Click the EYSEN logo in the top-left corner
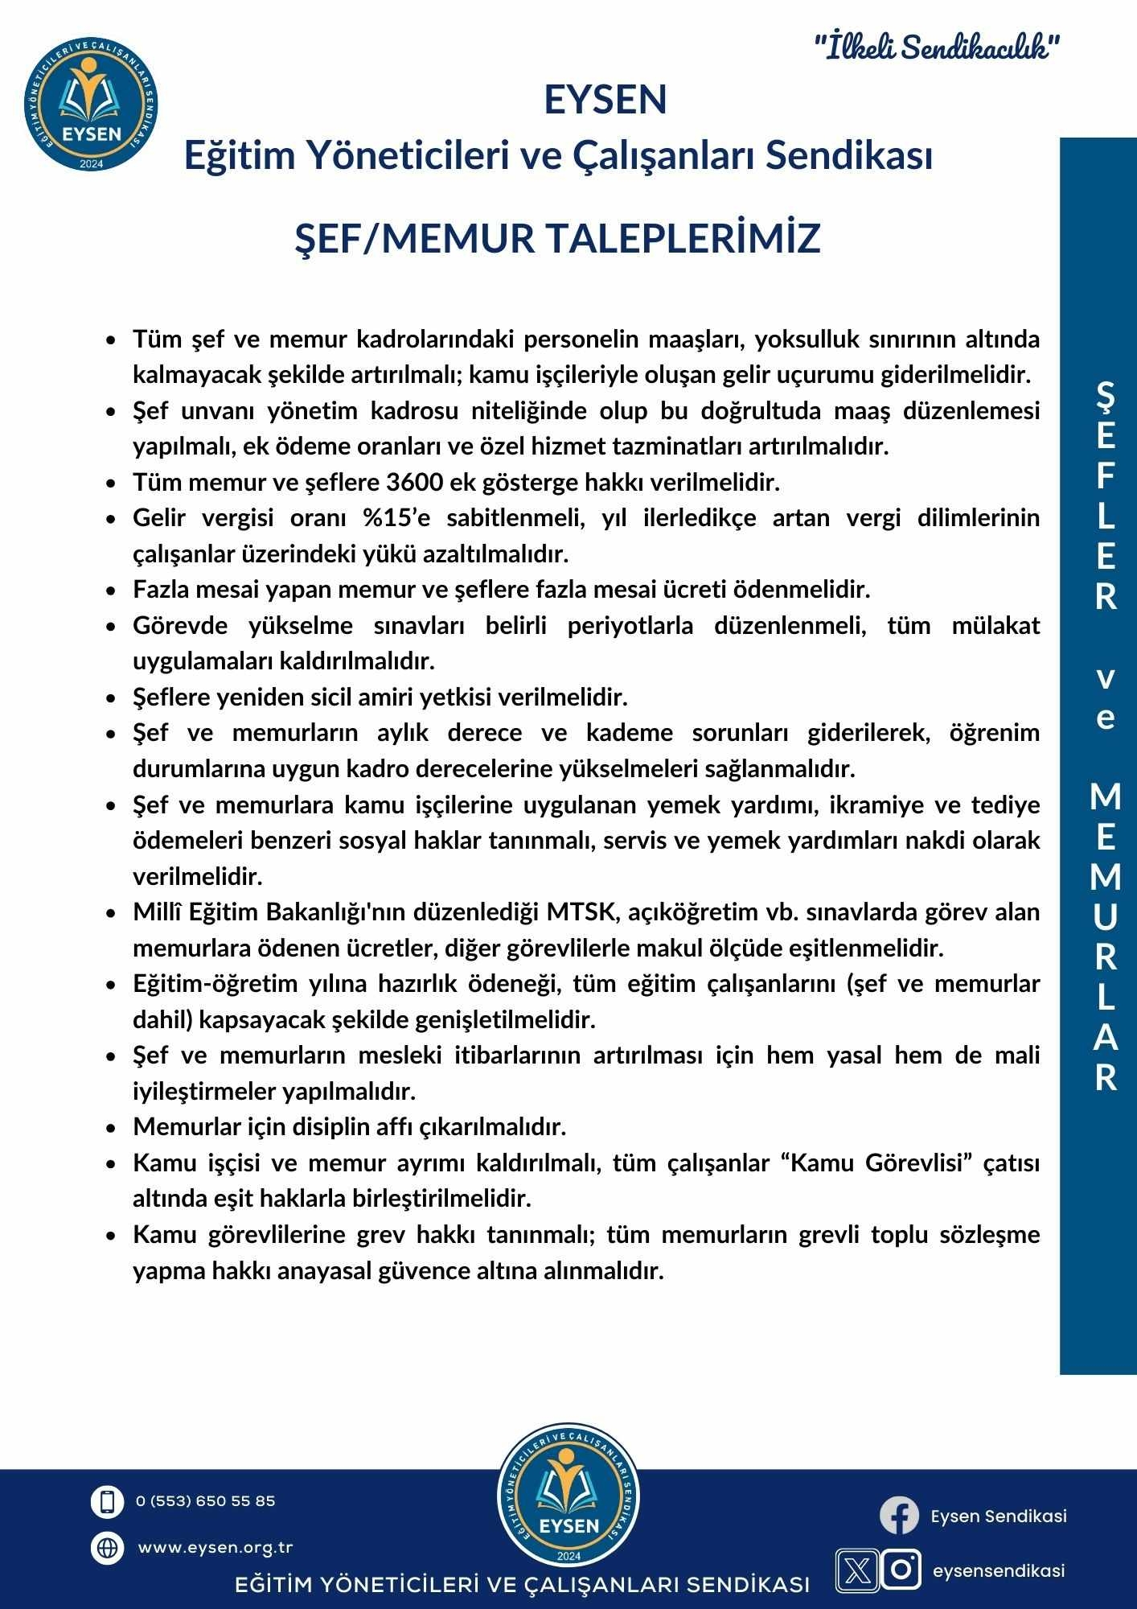92,102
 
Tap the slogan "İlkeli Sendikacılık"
937,48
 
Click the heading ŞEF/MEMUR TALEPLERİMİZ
558,238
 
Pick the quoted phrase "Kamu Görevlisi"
876,1163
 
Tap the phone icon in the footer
107,1501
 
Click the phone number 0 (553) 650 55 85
206,1501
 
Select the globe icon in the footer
107,1547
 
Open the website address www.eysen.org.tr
215,1547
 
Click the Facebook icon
899,1516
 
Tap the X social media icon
858,1570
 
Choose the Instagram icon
901,1570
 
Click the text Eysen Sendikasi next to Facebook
999,1516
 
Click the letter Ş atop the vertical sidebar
1106,395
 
